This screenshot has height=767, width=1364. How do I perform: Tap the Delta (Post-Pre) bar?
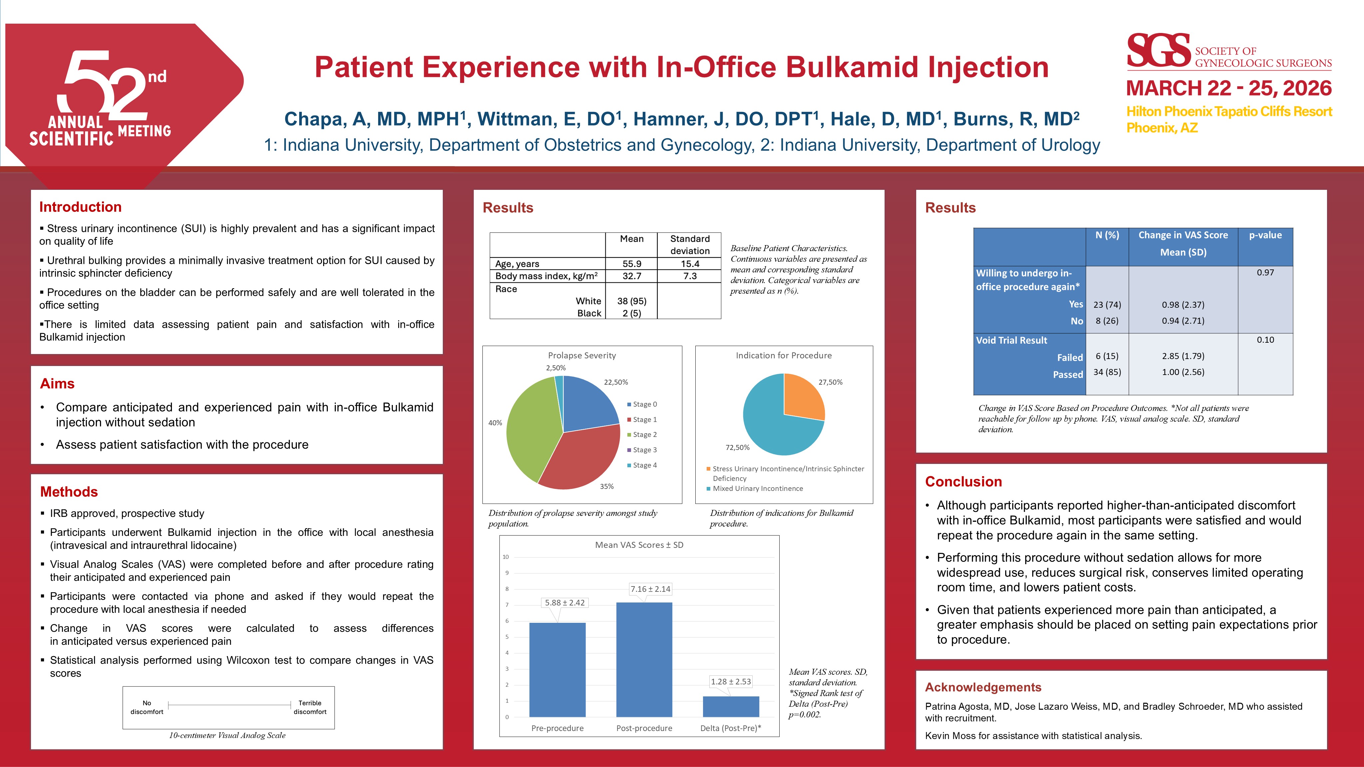pyautogui.click(x=731, y=707)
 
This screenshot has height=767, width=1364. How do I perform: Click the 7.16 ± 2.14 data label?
pyautogui.click(x=650, y=588)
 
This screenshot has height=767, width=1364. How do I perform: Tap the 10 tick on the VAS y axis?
pyautogui.click(x=506, y=557)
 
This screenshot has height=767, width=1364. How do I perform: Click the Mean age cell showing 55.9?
pyautogui.click(x=632, y=264)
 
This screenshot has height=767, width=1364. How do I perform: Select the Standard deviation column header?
pyautogui.click(x=689, y=244)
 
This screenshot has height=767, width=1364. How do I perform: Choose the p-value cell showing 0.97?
pyautogui.click(x=1265, y=273)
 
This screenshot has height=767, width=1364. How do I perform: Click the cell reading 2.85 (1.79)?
pyautogui.click(x=1183, y=356)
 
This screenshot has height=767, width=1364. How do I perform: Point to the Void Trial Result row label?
pyautogui.click(x=1012, y=340)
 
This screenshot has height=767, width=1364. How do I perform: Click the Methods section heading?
pyautogui.click(x=69, y=492)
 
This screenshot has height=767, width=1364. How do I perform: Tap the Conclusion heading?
pyautogui.click(x=963, y=482)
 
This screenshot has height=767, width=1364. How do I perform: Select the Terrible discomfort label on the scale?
pyautogui.click(x=310, y=707)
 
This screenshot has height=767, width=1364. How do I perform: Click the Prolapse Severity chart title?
pyautogui.click(x=582, y=355)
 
